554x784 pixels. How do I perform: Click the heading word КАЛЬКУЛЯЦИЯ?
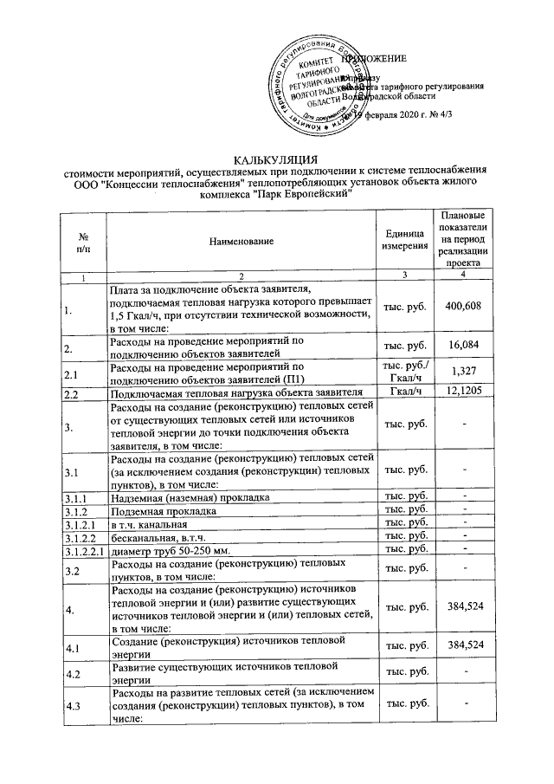coord(276,159)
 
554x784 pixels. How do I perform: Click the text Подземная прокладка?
coord(153,511)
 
